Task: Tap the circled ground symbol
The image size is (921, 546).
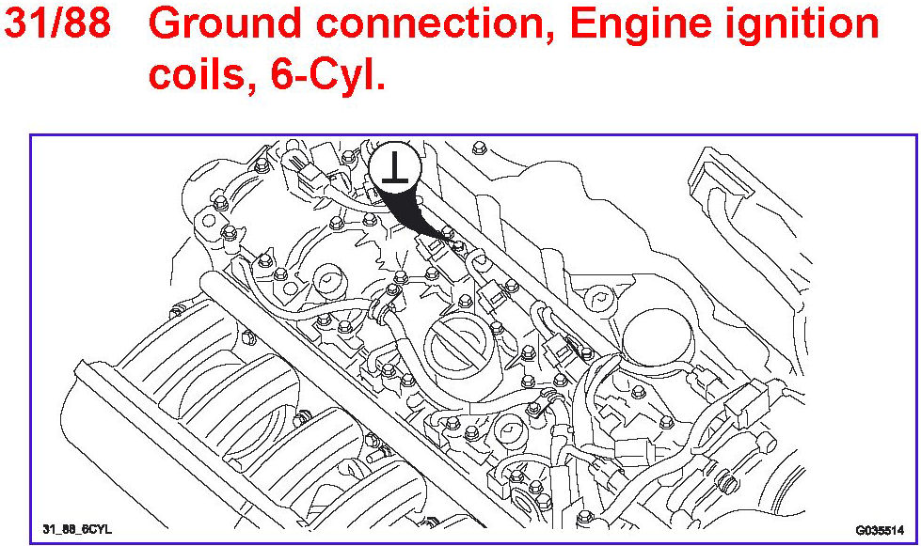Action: pyautogui.click(x=393, y=169)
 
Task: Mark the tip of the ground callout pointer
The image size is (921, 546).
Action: pyautogui.click(x=453, y=242)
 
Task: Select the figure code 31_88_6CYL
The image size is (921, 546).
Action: pyautogui.click(x=77, y=529)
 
